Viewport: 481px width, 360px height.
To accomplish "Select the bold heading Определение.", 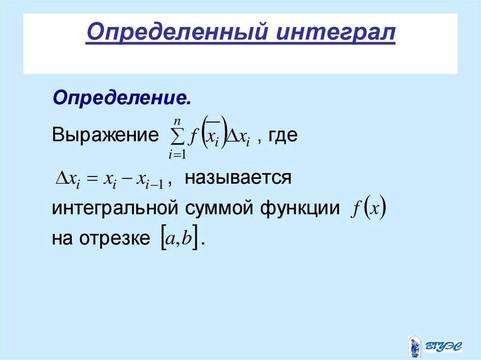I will tap(122, 99).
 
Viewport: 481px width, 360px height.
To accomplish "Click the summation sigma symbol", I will tap(176, 137).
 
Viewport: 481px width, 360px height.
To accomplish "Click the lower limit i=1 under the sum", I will tap(176, 154).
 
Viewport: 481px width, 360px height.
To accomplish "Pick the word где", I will tap(284, 136).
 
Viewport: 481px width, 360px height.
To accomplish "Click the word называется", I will tap(238, 178).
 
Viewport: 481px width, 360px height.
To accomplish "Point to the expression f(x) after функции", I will tap(367, 209).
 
